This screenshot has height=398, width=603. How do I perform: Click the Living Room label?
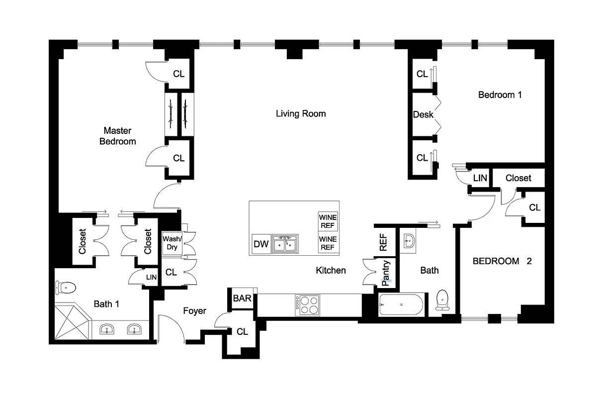pos(301,114)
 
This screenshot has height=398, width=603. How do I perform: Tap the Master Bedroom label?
pos(117,136)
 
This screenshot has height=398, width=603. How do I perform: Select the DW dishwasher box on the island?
pos(261,244)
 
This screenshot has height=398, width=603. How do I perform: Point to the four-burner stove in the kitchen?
pos(308,304)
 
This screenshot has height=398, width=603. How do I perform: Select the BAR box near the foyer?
pos(242,299)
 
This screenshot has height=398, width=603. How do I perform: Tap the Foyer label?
pos(194,311)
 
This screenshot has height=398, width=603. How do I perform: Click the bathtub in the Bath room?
pos(401,304)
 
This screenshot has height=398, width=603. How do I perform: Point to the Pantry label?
pos(386,273)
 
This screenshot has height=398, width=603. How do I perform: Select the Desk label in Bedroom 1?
pos(423,114)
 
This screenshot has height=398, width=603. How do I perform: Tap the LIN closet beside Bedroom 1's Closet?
pos(480,178)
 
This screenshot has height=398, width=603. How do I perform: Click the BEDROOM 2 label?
pos(502,261)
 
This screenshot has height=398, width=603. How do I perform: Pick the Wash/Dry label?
pos(172,243)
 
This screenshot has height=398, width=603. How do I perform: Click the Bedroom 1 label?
pos(500,95)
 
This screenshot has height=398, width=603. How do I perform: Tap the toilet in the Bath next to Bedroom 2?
pos(442,299)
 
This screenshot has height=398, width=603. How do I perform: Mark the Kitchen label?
pos(331,270)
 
